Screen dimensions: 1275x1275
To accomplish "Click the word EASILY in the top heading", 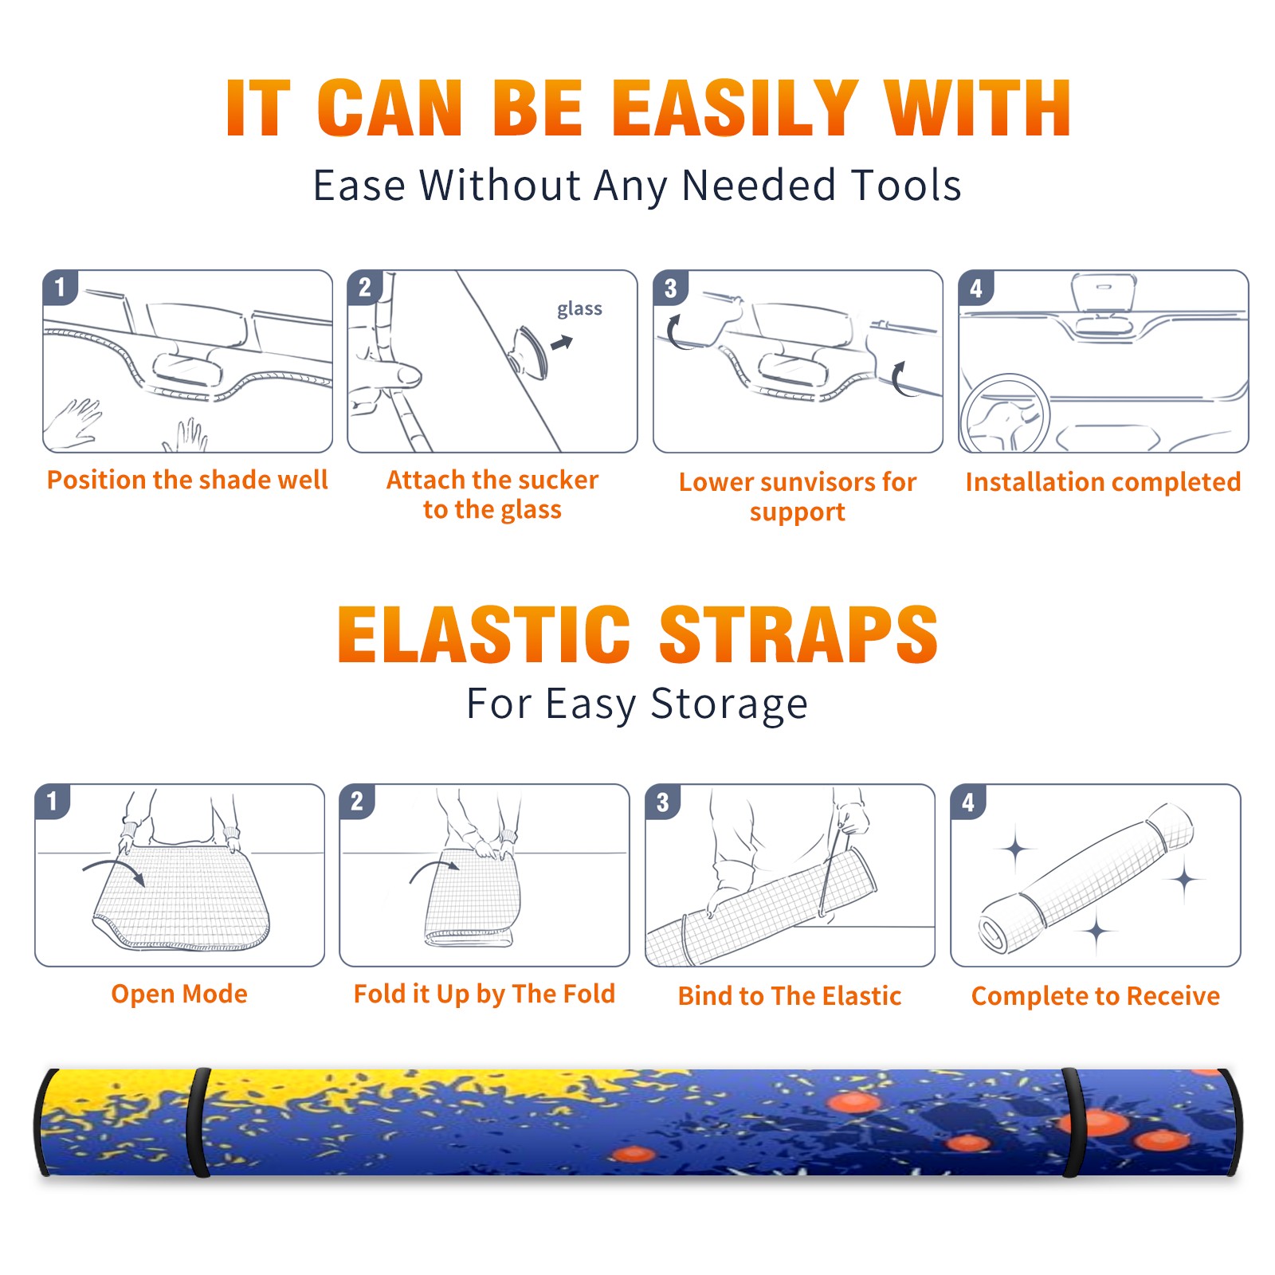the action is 734,108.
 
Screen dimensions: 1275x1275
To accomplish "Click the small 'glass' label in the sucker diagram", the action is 579,309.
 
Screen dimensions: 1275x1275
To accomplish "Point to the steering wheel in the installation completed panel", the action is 1004,414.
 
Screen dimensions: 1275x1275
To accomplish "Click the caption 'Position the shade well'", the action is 187,480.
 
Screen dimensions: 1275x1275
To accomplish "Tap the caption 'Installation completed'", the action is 1103,482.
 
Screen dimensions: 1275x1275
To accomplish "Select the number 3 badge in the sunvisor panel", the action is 670,288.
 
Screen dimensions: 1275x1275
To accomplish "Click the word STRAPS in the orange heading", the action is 798,634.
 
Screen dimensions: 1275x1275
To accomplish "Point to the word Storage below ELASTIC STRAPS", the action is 729,705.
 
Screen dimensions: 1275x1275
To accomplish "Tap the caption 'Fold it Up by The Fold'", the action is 484,994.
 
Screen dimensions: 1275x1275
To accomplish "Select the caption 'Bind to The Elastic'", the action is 790,996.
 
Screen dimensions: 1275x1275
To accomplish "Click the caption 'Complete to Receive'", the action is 1096,996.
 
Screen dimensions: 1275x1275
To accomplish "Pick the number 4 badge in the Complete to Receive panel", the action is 968,802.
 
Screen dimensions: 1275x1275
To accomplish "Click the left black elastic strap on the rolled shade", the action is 198,1122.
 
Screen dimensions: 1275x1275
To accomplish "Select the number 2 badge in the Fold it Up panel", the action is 357,802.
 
